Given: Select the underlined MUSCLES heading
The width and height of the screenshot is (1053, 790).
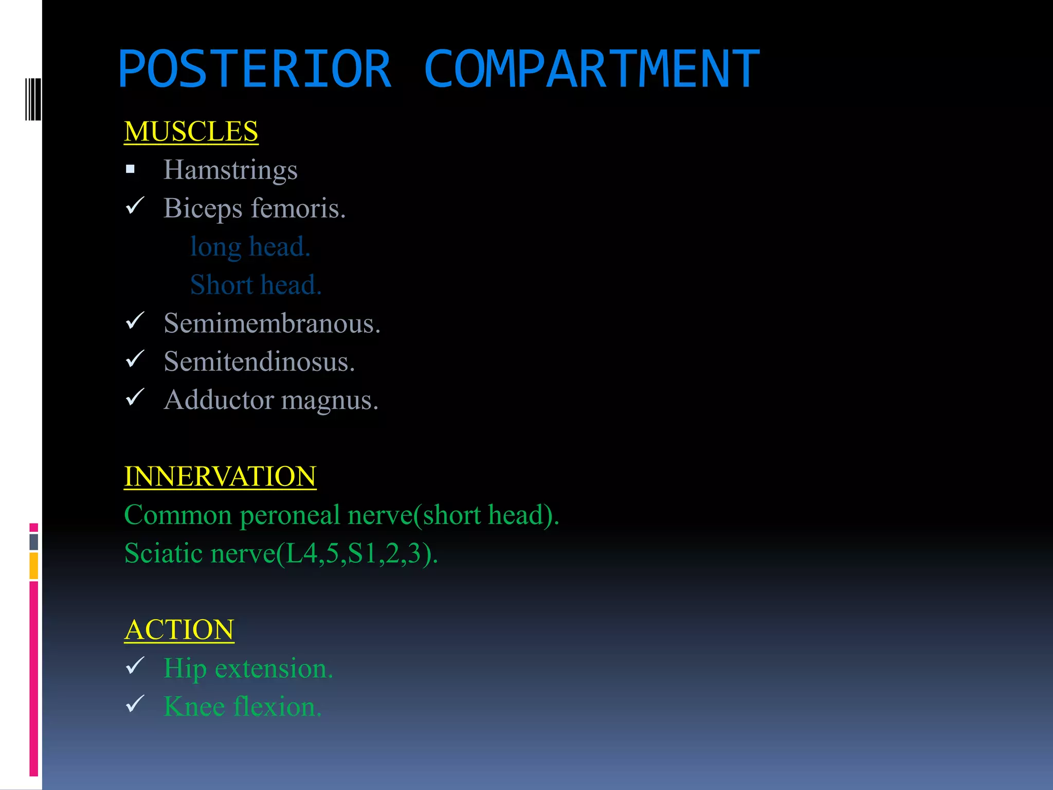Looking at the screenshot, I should point(191,131).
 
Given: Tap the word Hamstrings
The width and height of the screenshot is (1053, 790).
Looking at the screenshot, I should point(230,170).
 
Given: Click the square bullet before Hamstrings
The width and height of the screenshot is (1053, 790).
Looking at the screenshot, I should point(130,169).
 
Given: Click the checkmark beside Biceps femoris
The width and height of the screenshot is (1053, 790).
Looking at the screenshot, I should point(135,206).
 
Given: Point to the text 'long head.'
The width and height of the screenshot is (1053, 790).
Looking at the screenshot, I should point(250,246).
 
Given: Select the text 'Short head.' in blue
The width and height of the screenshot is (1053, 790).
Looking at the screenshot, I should point(256,285).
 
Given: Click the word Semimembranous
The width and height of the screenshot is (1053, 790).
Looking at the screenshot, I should point(271,324).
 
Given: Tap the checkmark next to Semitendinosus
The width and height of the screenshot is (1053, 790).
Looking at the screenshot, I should point(135,359).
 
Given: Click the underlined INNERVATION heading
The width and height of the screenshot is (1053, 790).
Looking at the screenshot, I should point(220,476).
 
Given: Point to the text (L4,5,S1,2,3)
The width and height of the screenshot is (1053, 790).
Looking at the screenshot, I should point(357,553).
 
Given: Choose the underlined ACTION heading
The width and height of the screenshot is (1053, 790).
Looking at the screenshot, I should point(179,630).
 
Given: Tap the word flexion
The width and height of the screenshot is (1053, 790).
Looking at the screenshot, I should point(278,707).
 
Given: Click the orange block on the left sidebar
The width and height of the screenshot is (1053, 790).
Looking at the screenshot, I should point(33,565).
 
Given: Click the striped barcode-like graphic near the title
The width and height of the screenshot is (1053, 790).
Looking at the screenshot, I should point(33,99).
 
